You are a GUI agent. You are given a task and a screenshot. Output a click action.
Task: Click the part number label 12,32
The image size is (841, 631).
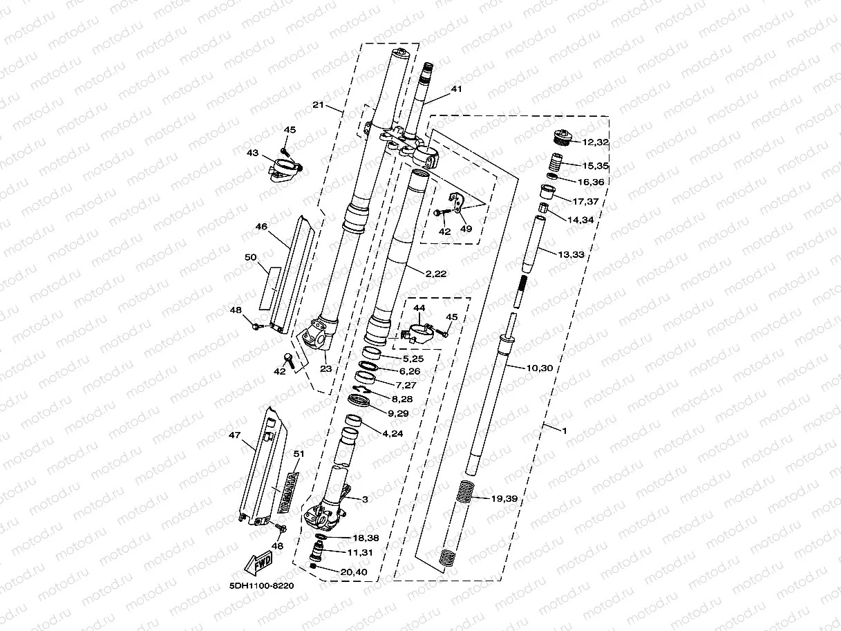click(x=595, y=142)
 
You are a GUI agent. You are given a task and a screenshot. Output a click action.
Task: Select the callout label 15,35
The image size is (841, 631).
click(x=594, y=166)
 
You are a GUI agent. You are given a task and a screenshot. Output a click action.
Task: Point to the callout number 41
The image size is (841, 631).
click(x=455, y=89)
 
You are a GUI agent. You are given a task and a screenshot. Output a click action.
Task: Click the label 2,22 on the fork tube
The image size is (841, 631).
click(x=436, y=274)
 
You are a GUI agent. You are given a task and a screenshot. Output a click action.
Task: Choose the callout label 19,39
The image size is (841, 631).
click(x=503, y=498)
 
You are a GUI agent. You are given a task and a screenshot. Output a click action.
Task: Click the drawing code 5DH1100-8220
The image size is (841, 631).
click(x=262, y=585)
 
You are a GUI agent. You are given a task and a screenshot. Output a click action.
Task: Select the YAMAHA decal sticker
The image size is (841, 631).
click(x=288, y=491)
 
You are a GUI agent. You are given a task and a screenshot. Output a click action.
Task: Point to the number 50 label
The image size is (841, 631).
click(x=250, y=257)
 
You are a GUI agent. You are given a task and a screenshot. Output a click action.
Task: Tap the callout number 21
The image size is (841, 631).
click(x=318, y=105)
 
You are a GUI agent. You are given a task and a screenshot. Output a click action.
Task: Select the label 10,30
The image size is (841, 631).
click(x=539, y=368)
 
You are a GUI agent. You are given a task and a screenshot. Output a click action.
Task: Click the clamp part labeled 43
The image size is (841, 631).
click(x=283, y=169)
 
